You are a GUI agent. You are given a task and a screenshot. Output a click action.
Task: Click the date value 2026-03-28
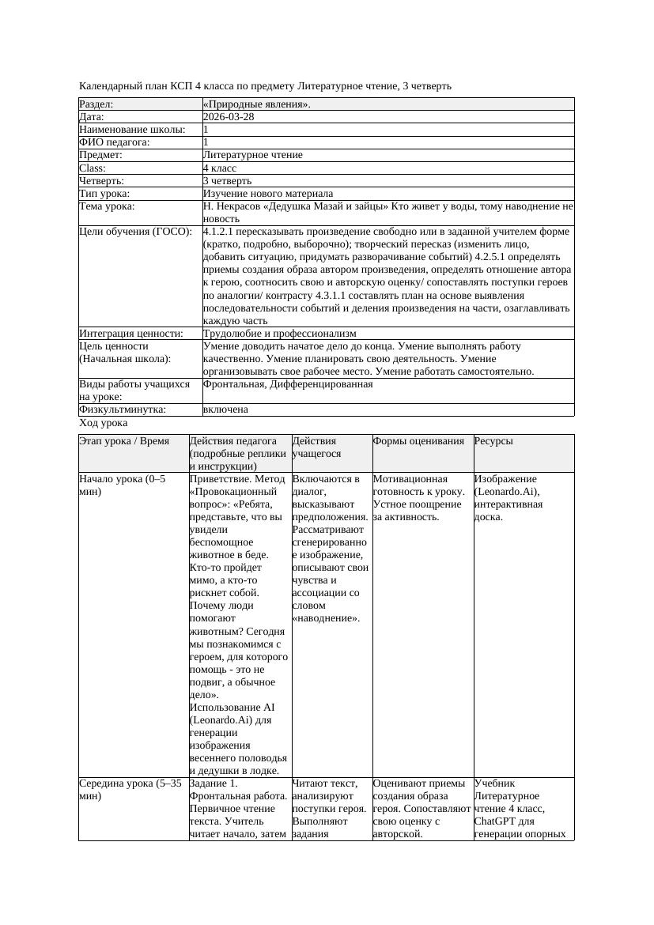[x=229, y=117]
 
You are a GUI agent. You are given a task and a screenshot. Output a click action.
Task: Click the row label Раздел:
[x=96, y=104]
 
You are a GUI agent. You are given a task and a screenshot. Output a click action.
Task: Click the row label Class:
[x=93, y=168]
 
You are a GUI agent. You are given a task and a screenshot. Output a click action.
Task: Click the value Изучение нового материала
[x=268, y=194]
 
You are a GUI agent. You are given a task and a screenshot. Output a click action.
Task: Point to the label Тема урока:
[x=107, y=206]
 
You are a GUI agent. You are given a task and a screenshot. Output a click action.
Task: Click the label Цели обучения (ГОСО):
[x=135, y=232]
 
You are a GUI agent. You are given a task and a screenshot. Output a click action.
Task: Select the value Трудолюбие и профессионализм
[x=280, y=334]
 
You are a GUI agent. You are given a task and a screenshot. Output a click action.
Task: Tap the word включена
[x=225, y=410]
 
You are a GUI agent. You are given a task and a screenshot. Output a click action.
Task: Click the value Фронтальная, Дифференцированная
[x=288, y=384]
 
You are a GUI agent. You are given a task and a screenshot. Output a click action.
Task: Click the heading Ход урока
[x=104, y=424]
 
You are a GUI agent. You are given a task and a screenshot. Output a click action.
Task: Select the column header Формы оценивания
[x=418, y=441]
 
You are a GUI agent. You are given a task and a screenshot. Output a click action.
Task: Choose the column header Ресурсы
[x=494, y=441]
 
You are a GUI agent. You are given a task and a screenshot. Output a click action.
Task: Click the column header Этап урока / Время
[x=124, y=441]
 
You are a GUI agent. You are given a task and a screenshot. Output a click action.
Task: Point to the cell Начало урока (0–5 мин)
[x=123, y=485]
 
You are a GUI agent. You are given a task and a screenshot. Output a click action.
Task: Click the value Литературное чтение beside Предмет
[x=253, y=156]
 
